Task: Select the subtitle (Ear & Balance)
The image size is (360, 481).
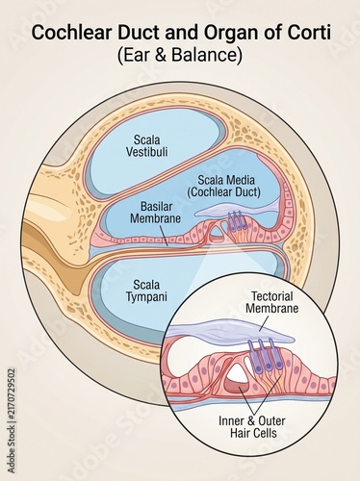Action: pyautogui.click(x=180, y=55)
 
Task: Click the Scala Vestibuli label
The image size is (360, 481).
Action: pyautogui.click(x=146, y=145)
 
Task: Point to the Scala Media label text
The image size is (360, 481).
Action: pyautogui.click(x=226, y=180)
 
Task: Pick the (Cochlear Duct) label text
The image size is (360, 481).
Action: pyautogui.click(x=224, y=191)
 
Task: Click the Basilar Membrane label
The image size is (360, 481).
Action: pyautogui.click(x=156, y=213)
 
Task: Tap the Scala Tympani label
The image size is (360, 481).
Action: pyautogui.click(x=146, y=291)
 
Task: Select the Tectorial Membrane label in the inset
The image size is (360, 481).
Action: pyautogui.click(x=272, y=302)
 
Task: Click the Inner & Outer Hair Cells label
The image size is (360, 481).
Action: pyautogui.click(x=252, y=427)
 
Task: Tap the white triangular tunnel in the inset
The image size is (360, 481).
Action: pyautogui.click(x=238, y=375)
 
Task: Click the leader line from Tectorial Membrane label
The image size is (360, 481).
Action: pyautogui.click(x=264, y=323)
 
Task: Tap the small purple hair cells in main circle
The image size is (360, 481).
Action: pyautogui.click(x=237, y=220)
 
